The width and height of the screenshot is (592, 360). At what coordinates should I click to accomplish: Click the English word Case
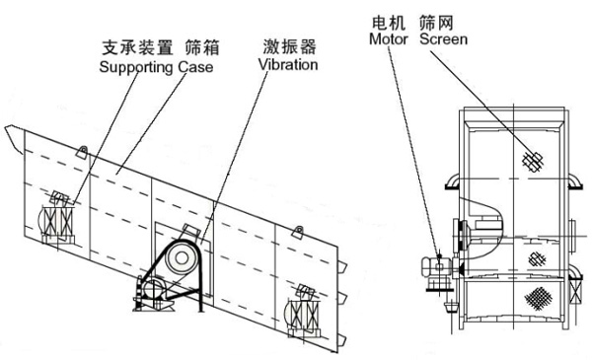[195, 67]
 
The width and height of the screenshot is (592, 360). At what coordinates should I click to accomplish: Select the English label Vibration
[288, 64]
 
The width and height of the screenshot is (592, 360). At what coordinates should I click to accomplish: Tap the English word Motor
[389, 38]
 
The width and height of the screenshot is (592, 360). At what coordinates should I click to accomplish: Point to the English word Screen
[444, 38]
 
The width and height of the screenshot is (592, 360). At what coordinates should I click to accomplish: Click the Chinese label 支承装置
[138, 48]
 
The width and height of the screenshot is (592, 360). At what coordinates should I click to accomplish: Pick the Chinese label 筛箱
[202, 48]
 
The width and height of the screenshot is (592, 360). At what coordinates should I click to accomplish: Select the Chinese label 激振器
[289, 46]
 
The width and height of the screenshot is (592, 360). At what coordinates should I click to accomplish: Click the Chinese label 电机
[389, 23]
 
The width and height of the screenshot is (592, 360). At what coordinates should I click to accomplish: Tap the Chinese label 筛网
[436, 23]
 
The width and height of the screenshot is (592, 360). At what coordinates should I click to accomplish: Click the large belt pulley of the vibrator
[182, 258]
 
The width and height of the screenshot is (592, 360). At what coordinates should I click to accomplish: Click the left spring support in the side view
[58, 222]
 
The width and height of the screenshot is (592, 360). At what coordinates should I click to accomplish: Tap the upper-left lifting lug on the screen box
[82, 151]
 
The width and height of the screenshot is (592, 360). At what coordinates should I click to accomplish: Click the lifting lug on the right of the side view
[298, 232]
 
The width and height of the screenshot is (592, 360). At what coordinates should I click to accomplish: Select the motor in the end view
[436, 268]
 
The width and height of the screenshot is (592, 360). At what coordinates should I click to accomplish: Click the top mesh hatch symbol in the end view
[533, 161]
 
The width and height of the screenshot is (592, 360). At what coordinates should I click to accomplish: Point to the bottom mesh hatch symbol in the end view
[538, 298]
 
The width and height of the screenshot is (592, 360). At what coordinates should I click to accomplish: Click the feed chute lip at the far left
[14, 139]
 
